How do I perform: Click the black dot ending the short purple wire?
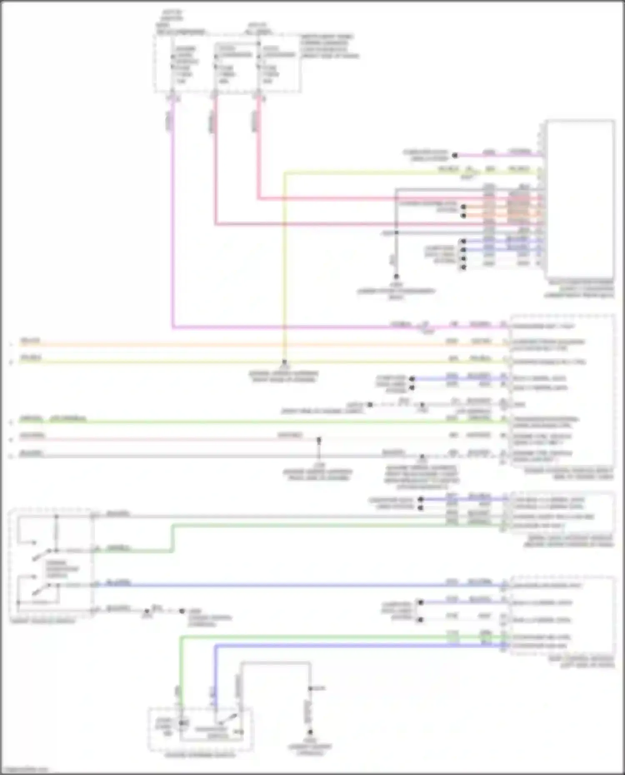455,155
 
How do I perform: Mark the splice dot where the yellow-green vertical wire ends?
284,362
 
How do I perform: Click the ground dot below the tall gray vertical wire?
396,276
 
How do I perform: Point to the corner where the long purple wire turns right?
173,327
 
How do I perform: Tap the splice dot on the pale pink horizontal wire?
319,439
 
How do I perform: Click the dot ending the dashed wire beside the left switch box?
182,611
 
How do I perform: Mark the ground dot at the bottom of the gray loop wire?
310,732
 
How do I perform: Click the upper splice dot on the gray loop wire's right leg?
310,689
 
